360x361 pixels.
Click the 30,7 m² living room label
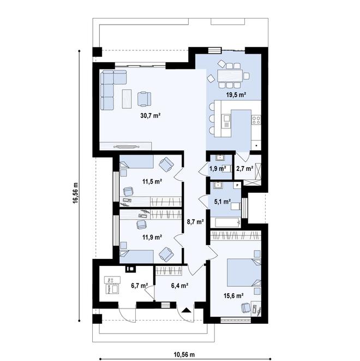(x=149, y=115)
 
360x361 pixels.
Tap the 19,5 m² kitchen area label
(x=236, y=95)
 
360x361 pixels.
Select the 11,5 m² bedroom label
(x=152, y=181)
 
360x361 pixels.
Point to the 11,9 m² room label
(x=152, y=237)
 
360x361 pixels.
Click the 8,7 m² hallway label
(x=195, y=222)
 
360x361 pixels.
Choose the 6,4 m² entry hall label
(x=179, y=285)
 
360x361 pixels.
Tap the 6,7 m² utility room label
(x=140, y=285)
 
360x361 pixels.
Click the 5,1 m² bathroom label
(x=222, y=201)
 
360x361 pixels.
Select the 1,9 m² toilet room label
(x=218, y=168)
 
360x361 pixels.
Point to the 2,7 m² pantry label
(x=244, y=168)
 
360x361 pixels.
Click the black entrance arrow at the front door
(x=187, y=310)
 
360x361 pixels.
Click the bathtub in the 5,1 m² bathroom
(x=226, y=222)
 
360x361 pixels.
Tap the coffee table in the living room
(x=127, y=98)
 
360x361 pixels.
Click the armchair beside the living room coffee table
(x=144, y=98)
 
